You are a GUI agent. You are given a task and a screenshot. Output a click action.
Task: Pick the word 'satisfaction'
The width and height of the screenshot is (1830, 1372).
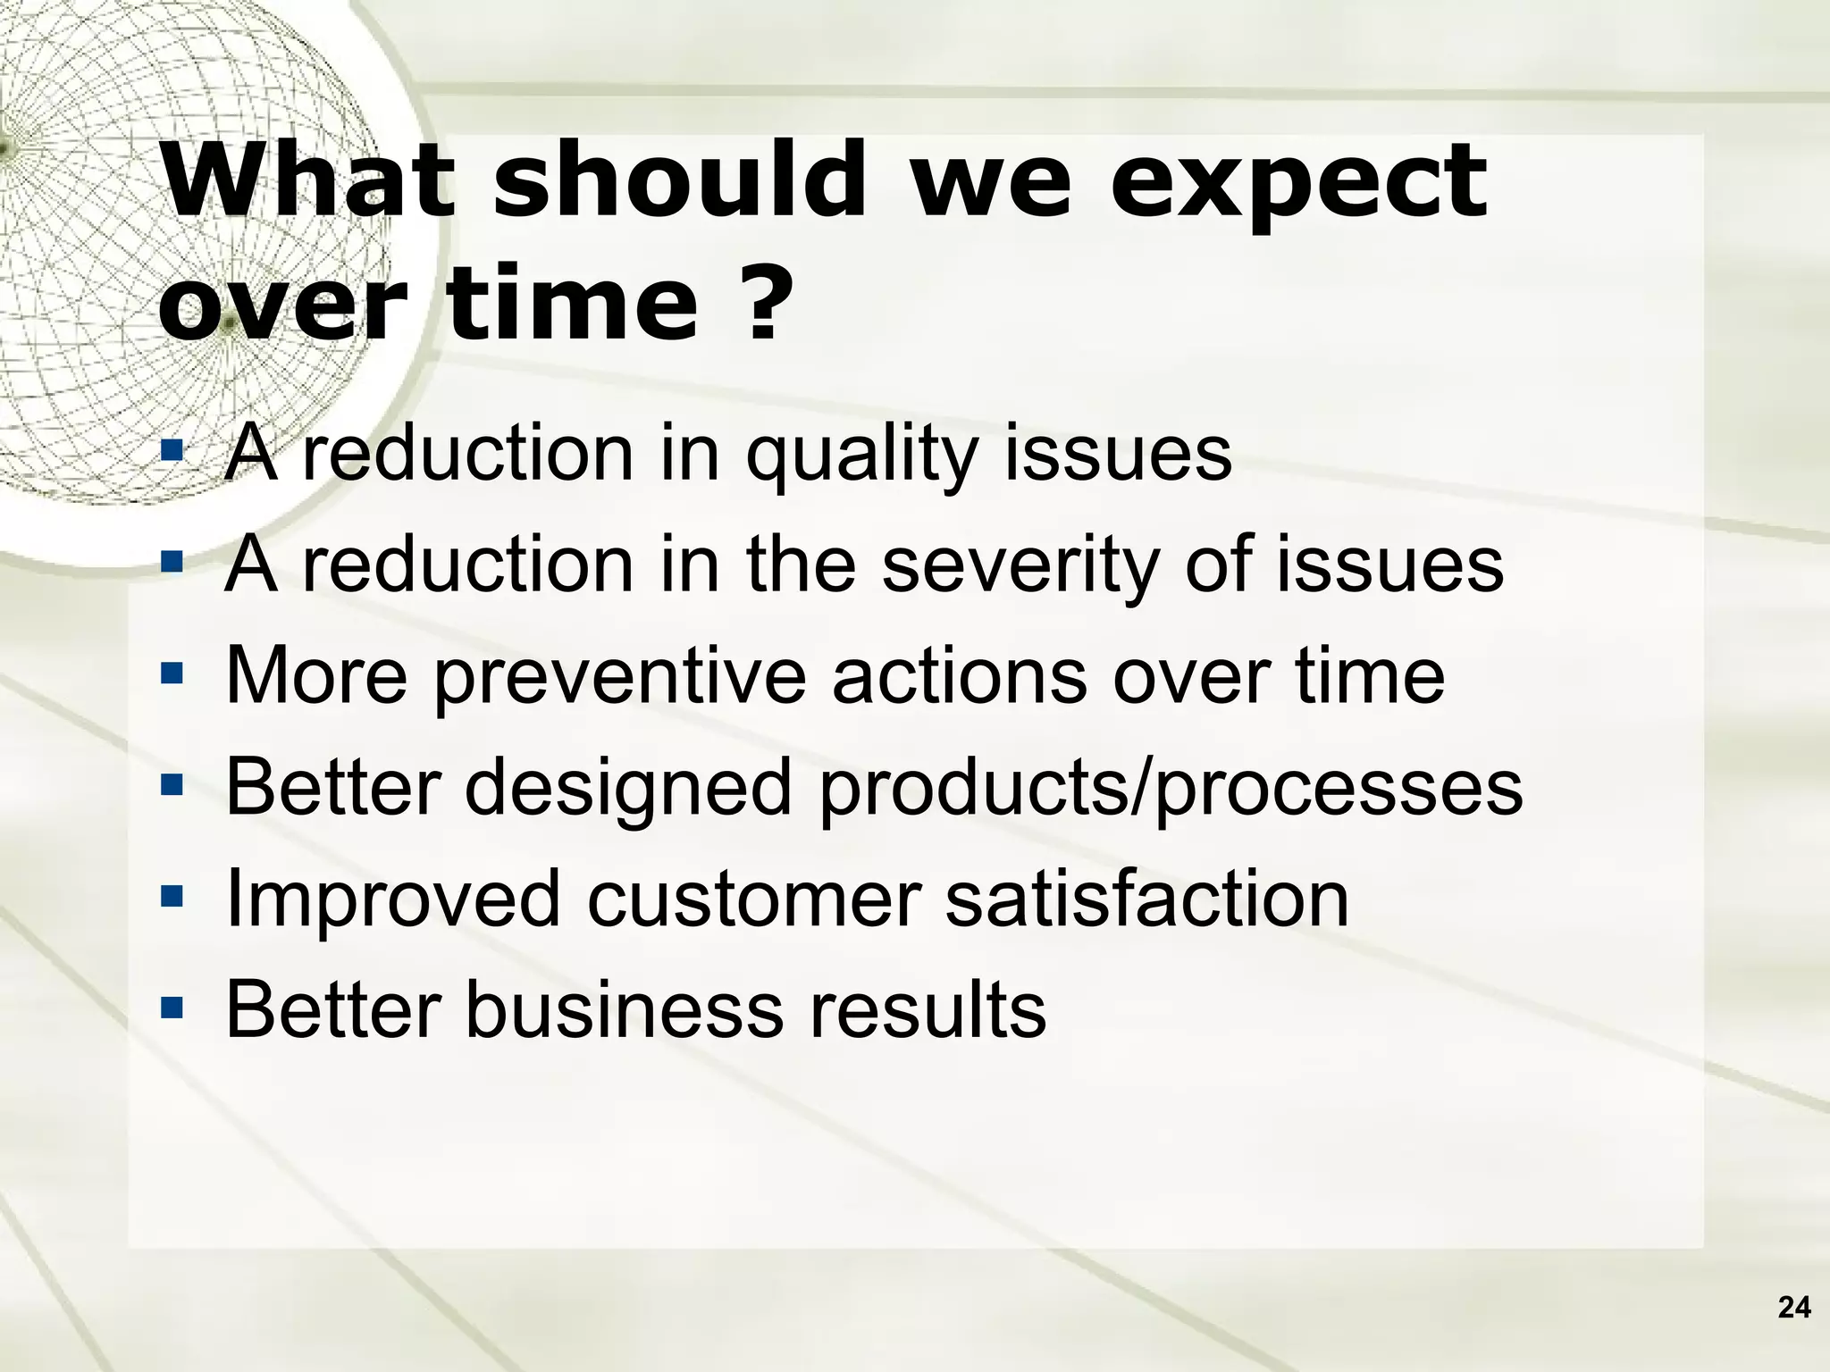pyautogui.click(x=1146, y=899)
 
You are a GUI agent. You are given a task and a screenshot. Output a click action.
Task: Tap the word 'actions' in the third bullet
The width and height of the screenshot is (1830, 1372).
pyautogui.click(x=959, y=675)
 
